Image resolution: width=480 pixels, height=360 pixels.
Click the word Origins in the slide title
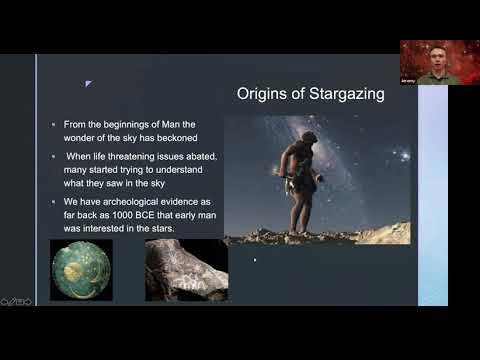[x=263, y=95]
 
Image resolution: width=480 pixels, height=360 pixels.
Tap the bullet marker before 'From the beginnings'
[x=54, y=124]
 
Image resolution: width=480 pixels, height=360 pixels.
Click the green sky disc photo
[x=81, y=270]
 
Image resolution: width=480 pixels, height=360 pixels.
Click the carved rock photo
[x=186, y=270]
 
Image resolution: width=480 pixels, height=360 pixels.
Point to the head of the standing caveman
[x=309, y=139]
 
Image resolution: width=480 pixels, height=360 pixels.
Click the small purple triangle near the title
[x=88, y=84]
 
